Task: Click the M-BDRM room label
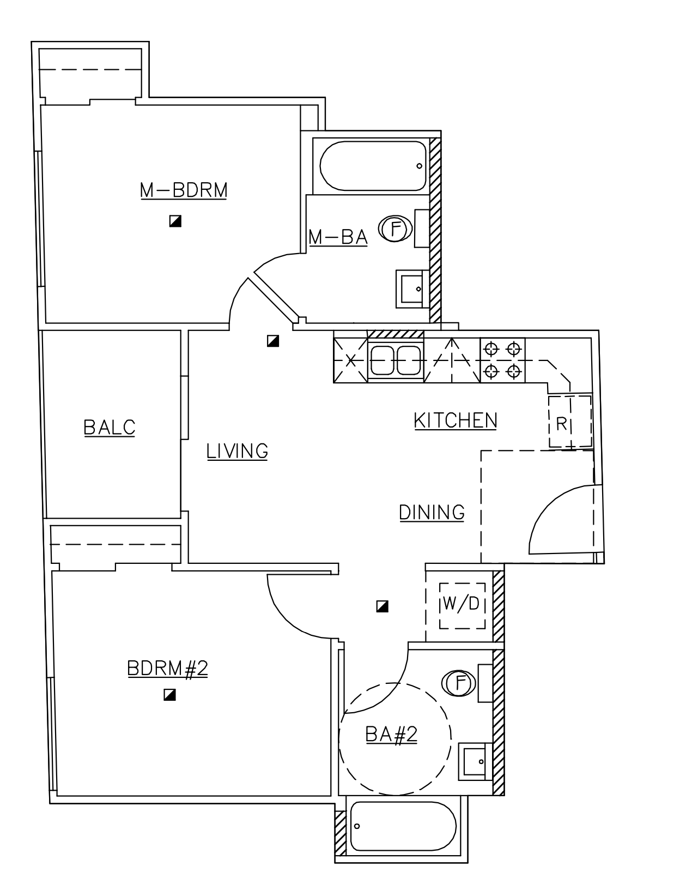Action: [x=184, y=190]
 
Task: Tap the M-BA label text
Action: [x=338, y=237]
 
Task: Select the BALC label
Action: [x=110, y=427]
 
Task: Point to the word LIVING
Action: [x=238, y=451]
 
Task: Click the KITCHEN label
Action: [x=456, y=421]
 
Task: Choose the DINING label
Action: [x=432, y=513]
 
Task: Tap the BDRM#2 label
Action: [x=168, y=668]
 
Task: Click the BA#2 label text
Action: [x=391, y=734]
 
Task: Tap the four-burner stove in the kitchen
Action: [x=502, y=360]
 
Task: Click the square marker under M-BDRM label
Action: [x=175, y=221]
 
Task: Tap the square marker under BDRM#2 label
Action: [x=169, y=695]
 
